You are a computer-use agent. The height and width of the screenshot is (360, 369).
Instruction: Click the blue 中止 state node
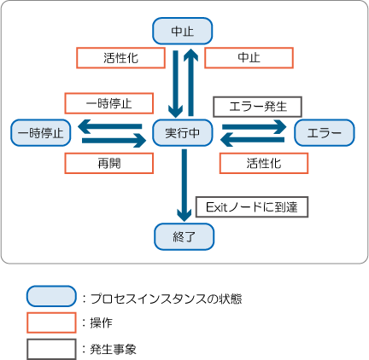pyautogui.click(x=183, y=31)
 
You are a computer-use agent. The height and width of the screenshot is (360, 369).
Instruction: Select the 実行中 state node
pyautogui.click(x=183, y=133)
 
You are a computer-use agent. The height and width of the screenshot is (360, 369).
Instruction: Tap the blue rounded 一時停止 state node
pyautogui.click(x=41, y=133)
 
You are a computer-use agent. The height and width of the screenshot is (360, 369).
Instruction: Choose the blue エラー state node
pyautogui.click(x=325, y=133)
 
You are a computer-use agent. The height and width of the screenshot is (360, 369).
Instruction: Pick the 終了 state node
pyautogui.click(x=184, y=236)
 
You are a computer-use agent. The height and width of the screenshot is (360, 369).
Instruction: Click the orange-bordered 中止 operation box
pyautogui.click(x=249, y=58)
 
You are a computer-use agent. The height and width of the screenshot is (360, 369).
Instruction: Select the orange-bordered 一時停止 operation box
pyautogui.click(x=109, y=103)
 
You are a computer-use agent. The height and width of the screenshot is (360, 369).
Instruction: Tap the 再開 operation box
pyautogui.click(x=109, y=163)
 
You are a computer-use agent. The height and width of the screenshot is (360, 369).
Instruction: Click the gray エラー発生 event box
pyautogui.click(x=257, y=107)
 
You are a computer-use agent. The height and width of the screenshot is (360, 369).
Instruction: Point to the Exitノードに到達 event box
pyautogui.click(x=252, y=207)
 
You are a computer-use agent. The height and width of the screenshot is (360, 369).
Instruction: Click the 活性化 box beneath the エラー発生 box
pyautogui.click(x=264, y=163)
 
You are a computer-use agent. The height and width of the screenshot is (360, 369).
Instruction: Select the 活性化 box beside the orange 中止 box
pyautogui.click(x=120, y=58)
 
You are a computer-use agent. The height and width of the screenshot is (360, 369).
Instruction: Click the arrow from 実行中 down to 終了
pyautogui.click(x=184, y=185)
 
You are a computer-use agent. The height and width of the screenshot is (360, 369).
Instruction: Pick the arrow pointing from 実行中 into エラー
pyautogui.click(x=255, y=126)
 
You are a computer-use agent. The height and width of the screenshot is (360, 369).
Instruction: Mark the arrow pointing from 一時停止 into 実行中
pyautogui.click(x=114, y=141)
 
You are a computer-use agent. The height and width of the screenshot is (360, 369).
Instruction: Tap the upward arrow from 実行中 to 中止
pyautogui.click(x=190, y=83)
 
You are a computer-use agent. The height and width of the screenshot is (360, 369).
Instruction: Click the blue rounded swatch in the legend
pyautogui.click(x=51, y=296)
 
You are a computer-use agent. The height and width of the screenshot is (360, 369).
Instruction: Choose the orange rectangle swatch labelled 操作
pyautogui.click(x=51, y=322)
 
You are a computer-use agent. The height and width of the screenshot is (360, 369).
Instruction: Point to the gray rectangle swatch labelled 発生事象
pyautogui.click(x=51, y=349)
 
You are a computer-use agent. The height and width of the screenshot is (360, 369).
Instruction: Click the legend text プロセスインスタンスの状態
pyautogui.click(x=167, y=299)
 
